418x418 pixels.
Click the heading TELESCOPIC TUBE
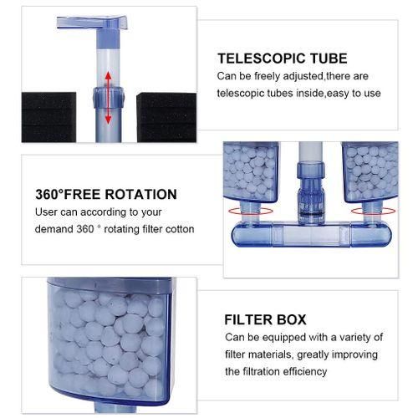[x=283, y=59]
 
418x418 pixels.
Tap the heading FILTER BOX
[x=265, y=319]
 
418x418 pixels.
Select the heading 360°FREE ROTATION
[x=106, y=194]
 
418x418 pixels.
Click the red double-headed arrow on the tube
[x=108, y=98]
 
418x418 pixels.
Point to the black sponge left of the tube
[x=48, y=117]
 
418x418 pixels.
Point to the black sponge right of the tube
[x=166, y=117]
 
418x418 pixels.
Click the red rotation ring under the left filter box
[x=250, y=212]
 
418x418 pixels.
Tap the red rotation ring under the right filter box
[x=373, y=212]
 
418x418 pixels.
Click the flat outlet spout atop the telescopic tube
[x=92, y=23]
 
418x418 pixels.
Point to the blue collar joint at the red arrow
[x=109, y=97]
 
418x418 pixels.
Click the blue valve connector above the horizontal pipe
[x=311, y=192]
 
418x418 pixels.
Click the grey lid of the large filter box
[x=110, y=285]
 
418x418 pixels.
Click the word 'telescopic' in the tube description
[x=240, y=94]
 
